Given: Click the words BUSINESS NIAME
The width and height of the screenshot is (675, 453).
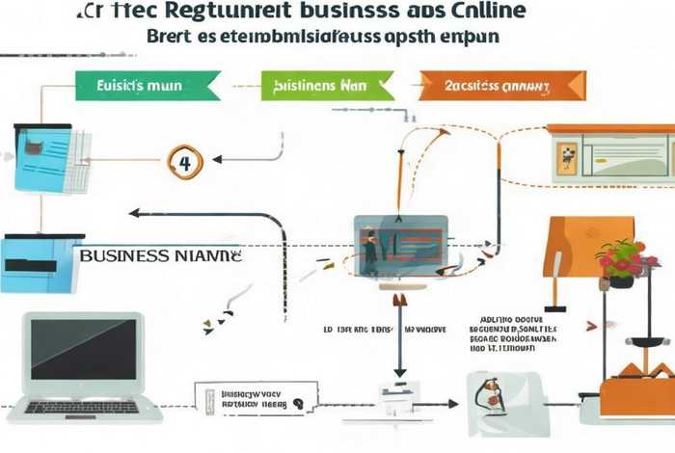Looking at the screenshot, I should click(160, 257).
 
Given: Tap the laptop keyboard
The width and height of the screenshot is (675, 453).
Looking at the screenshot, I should click(85, 407).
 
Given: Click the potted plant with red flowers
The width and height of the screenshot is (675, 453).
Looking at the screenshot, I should click(624, 262).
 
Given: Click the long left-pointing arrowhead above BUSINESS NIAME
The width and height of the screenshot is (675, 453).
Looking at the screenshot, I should click(135, 214).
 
